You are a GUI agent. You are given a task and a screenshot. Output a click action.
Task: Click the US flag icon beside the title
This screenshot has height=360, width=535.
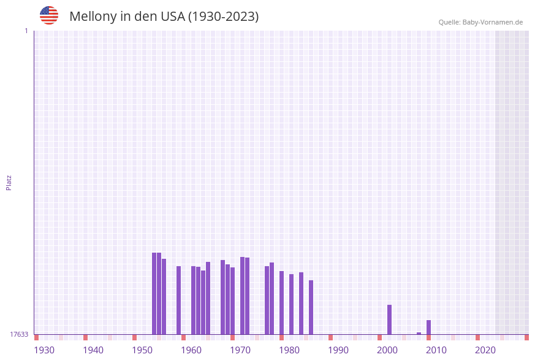click(49, 15)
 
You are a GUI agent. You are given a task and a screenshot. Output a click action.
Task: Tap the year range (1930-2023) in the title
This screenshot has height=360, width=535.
click(223, 17)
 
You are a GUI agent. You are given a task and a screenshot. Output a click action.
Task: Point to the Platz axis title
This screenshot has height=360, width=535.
click(9, 183)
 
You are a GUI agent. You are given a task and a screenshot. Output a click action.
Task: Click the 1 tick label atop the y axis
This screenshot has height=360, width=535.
click(26, 31)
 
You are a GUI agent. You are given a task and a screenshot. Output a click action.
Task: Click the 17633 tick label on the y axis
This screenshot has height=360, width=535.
click(19, 334)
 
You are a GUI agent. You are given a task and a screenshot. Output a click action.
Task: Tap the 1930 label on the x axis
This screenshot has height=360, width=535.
click(44, 350)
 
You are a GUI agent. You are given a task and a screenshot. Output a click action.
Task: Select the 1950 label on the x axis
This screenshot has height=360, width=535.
click(142, 350)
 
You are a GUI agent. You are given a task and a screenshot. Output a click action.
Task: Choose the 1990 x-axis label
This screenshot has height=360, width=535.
click(338, 350)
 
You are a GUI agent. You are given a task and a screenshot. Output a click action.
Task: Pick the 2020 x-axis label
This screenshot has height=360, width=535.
click(485, 350)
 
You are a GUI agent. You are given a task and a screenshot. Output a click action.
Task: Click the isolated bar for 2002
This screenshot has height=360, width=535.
click(389, 320)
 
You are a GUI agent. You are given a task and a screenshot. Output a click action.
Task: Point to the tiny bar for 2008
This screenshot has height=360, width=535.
click(419, 334)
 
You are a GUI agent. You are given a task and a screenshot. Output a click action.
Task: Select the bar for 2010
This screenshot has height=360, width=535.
click(428, 327)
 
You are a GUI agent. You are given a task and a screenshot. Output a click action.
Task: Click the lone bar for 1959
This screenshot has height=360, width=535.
click(178, 300)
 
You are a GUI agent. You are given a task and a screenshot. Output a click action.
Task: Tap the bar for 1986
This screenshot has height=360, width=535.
click(311, 307)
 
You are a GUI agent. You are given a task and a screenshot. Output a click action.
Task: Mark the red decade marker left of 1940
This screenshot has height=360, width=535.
click(85, 337)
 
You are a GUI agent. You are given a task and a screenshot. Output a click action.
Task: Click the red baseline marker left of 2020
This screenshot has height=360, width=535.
click(477, 337)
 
